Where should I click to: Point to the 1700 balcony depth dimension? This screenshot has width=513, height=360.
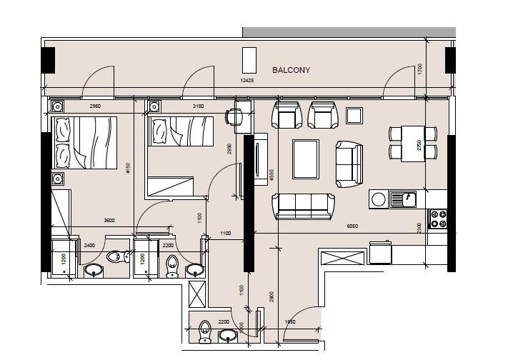point(421,69)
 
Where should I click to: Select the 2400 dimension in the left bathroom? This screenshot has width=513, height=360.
point(89,245)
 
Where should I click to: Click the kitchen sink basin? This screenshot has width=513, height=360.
point(409,198)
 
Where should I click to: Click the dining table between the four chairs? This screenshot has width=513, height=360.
point(407,143)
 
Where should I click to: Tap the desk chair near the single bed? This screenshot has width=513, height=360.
point(234,116)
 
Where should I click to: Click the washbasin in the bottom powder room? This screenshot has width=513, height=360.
point(228,336)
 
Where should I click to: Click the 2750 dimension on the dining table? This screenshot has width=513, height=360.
point(419,144)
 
